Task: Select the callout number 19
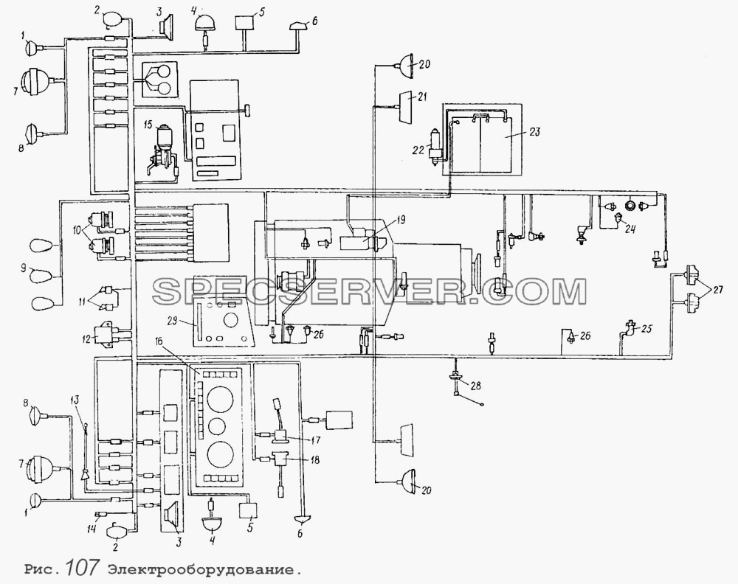[400, 220]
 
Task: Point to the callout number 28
[476, 386]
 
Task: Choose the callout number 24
[630, 229]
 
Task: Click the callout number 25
[646, 329]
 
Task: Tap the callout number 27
[718, 290]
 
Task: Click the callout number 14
[92, 529]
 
